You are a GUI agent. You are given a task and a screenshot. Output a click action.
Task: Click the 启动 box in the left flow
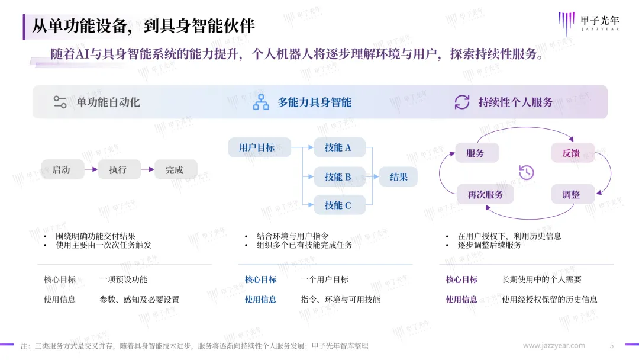pos(63,169)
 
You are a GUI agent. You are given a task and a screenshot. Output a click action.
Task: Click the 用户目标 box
pos(259,147)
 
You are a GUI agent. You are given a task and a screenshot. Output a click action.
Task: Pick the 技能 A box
pos(340,147)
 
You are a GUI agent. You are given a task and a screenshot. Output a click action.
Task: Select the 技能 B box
pos(340,176)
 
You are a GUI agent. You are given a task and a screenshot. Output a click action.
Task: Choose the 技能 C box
pos(340,205)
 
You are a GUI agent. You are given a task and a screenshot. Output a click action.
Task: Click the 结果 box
pos(398,176)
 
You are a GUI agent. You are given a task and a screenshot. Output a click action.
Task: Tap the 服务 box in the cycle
pos(477,153)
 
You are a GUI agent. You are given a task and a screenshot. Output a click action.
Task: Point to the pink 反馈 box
pos(573,153)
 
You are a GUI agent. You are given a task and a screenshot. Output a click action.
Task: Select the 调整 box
pos(573,194)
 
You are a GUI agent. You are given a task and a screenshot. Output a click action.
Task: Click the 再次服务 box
pos(485,194)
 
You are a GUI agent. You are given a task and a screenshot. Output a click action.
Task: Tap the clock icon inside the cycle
pos(527,172)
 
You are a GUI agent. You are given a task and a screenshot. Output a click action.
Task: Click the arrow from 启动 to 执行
pos(91,169)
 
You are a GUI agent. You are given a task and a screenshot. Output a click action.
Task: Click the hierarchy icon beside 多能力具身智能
pos(261,102)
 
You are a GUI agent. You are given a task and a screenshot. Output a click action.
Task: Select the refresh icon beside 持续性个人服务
pos(462,102)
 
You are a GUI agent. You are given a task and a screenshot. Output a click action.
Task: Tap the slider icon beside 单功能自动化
pos(60,102)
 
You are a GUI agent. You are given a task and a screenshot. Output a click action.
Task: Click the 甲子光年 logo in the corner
pos(589,23)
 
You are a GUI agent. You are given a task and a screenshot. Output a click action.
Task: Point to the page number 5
pos(612,346)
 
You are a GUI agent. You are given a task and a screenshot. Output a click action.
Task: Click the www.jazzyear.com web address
pos(554,346)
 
